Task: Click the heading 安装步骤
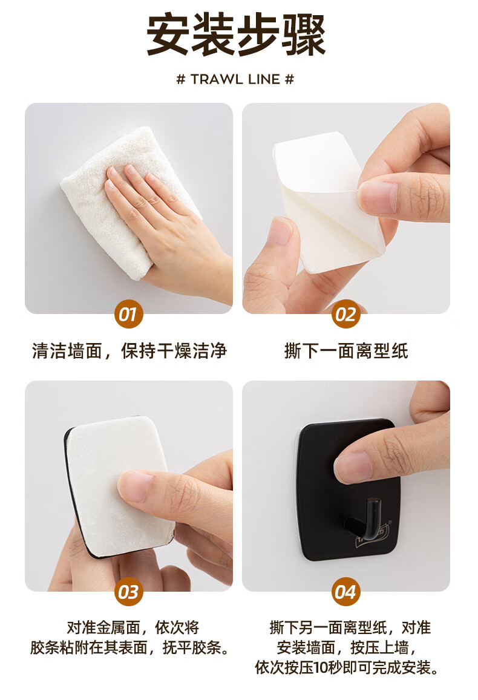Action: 236,35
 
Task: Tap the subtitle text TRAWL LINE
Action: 235,79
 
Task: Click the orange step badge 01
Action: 128,314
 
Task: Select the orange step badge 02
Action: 346,314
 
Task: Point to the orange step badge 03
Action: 128,592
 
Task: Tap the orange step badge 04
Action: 346,592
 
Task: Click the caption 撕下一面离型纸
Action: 346,351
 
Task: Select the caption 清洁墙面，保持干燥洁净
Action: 129,351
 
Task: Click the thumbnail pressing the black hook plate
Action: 353,467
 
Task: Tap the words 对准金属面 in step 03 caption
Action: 103,627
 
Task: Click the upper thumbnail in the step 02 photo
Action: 379,197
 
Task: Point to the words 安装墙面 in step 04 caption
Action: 306,647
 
